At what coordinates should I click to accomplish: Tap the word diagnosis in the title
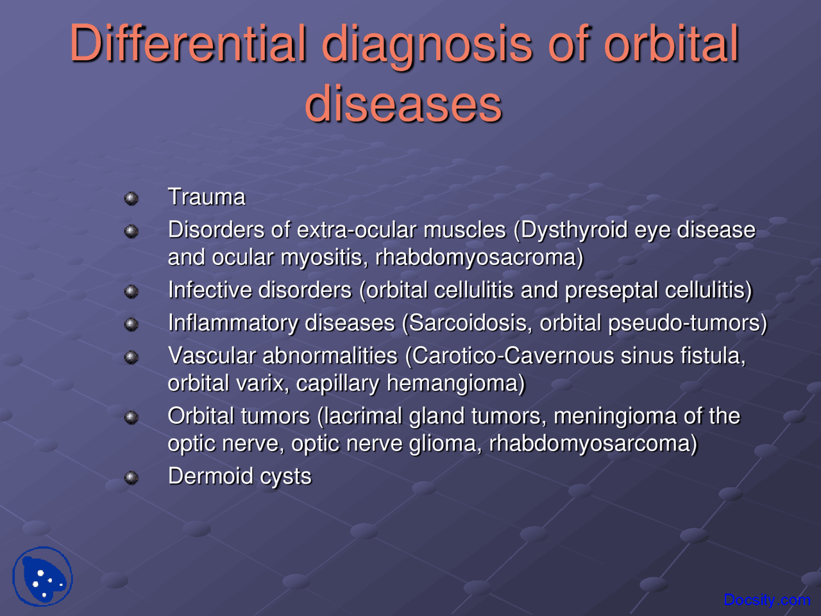pyautogui.click(x=427, y=45)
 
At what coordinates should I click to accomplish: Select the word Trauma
pyautogui.click(x=207, y=197)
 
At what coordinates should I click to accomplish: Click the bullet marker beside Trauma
pyautogui.click(x=131, y=198)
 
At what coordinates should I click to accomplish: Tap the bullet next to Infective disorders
pyautogui.click(x=131, y=291)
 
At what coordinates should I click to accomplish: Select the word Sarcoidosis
pyautogui.click(x=470, y=323)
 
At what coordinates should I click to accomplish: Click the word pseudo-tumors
pyautogui.click(x=686, y=323)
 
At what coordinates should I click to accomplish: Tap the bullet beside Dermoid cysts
pyautogui.click(x=131, y=477)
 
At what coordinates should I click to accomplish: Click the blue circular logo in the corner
pyautogui.click(x=42, y=576)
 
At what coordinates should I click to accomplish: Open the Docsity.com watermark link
pyautogui.click(x=766, y=600)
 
